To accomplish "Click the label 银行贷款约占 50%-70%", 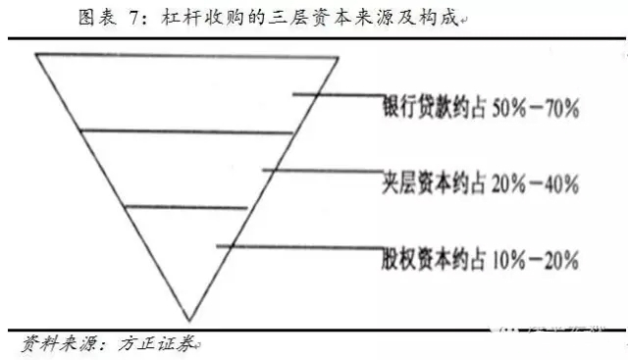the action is click(x=480, y=108).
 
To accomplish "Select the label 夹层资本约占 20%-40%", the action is click(x=480, y=183).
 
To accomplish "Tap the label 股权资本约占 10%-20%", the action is click(x=480, y=260).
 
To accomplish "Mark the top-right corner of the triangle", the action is click(x=339, y=56).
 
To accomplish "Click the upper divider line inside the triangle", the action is click(x=186, y=130).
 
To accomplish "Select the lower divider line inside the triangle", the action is click(x=186, y=207).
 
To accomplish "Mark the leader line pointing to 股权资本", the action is click(x=299, y=246).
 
